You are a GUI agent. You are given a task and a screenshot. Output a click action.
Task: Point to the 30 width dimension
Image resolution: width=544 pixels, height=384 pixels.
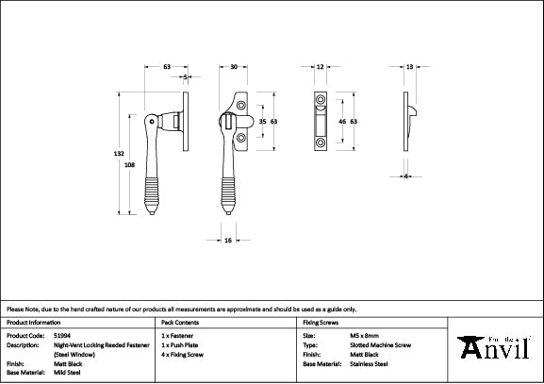tap(233, 67)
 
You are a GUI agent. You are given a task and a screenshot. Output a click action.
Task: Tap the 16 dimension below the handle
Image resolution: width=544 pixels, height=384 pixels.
tap(228, 241)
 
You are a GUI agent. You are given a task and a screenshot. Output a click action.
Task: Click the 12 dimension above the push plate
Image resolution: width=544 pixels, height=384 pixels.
tap(321, 67)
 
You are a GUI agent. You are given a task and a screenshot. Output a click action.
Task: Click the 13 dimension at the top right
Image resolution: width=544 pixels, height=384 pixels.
tap(409, 67)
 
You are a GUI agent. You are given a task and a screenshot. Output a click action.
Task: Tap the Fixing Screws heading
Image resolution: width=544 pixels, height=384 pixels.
tap(320, 322)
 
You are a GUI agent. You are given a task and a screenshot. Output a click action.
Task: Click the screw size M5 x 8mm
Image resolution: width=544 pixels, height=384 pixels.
tap(364, 335)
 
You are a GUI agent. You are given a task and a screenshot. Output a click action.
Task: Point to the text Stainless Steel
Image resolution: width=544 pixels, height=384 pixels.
tap(368, 362)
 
